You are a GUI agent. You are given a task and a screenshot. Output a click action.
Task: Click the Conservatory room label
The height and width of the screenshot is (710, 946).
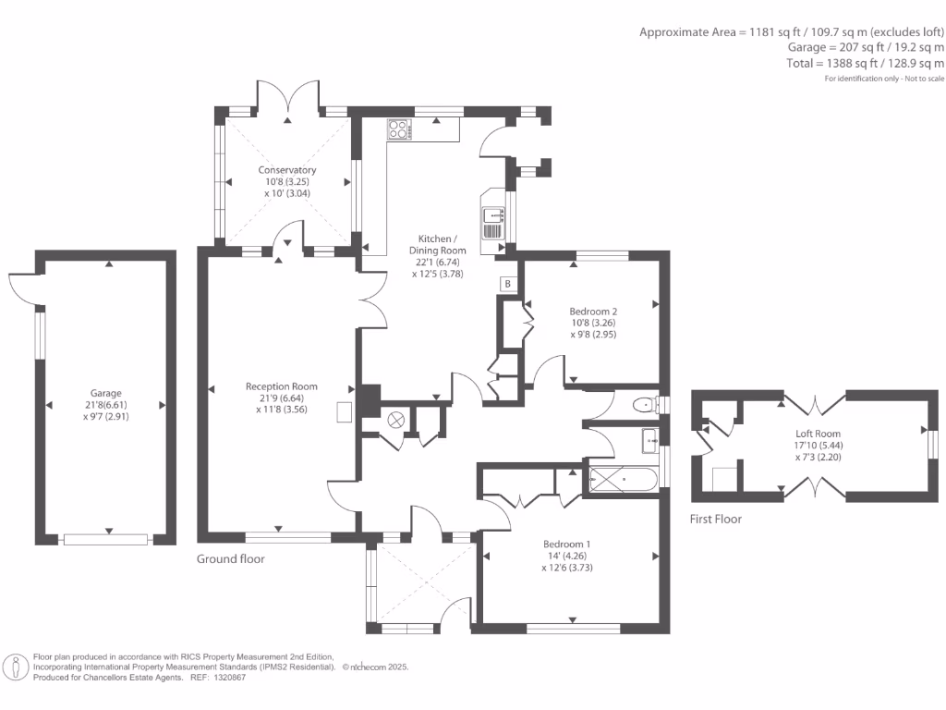click(287, 170)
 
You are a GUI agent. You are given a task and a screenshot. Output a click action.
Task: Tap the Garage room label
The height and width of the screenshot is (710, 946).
click(105, 393)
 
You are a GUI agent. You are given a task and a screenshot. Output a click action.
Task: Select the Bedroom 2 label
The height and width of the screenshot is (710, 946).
click(593, 312)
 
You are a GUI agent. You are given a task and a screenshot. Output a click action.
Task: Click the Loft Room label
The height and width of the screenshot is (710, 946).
click(819, 433)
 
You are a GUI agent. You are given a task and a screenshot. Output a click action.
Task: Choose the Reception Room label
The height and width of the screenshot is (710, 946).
click(282, 386)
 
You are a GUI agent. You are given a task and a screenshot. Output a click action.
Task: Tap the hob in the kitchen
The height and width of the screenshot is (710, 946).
click(399, 129)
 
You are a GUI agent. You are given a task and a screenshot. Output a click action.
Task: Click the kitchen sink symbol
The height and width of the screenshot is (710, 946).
click(491, 222)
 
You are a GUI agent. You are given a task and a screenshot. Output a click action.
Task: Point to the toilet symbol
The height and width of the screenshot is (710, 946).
click(644, 404)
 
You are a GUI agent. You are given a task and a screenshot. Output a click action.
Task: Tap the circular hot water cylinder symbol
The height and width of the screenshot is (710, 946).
click(397, 419)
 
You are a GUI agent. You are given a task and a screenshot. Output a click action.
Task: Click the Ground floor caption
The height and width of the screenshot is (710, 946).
click(231, 559)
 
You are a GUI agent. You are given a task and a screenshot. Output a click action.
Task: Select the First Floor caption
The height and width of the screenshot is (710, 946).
click(716, 520)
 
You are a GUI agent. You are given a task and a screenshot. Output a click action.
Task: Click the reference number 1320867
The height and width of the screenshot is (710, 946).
click(228, 678)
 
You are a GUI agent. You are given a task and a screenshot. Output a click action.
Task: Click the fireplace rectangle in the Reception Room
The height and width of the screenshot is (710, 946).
click(344, 411)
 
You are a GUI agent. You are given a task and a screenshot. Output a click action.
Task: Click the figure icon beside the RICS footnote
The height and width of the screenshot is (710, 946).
click(16, 667)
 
